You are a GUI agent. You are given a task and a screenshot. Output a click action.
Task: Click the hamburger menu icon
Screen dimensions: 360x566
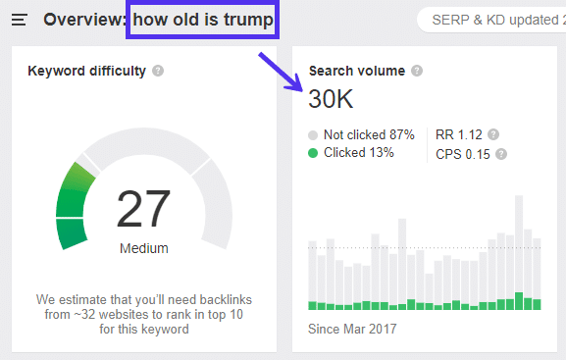19,20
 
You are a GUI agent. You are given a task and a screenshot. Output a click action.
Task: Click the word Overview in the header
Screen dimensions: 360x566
83,20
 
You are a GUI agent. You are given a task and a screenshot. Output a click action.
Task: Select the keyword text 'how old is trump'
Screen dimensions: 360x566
203,20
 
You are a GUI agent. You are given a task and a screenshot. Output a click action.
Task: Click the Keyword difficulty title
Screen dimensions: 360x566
86,71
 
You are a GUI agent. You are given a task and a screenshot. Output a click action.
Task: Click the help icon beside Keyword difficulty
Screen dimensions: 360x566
158,71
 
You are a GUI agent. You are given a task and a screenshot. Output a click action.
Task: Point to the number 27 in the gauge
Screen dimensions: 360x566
143,208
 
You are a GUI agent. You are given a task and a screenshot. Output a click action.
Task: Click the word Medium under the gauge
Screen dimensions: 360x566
143,248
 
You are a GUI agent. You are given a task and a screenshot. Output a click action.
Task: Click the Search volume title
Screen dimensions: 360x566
357,71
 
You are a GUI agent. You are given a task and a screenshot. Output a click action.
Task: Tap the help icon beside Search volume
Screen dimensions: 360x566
417,71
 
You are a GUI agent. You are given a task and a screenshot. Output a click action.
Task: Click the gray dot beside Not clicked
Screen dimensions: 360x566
313,134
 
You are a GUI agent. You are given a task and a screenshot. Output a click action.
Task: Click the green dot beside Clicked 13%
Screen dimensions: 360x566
313,152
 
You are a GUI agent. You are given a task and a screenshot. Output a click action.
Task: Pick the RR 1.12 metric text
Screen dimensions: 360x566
459,134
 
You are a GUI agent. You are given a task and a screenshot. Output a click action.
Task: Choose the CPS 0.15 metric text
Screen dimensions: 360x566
463,153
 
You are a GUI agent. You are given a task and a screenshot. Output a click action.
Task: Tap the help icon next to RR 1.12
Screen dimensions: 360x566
493,134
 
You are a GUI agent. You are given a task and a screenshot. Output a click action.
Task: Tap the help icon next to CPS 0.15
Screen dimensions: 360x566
501,153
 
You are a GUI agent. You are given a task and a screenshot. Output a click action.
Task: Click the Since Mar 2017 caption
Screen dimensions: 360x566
351,329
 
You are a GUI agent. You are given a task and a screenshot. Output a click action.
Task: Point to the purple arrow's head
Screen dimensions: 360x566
297,86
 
